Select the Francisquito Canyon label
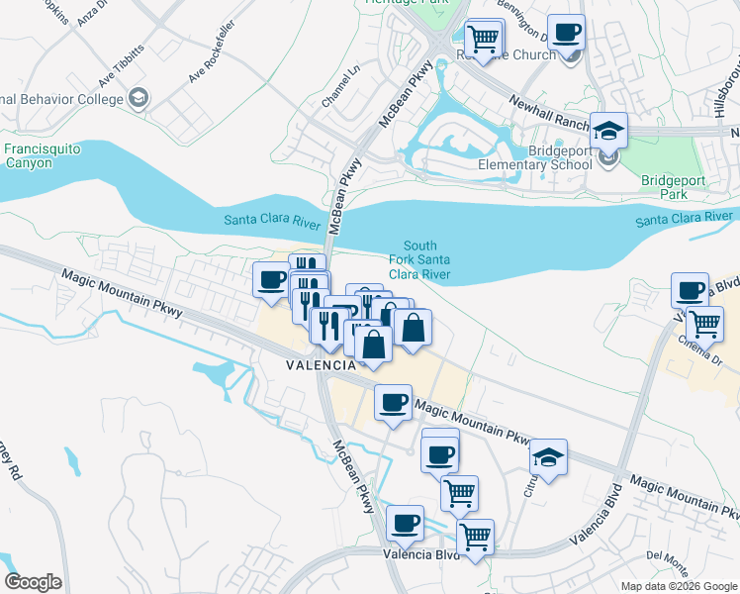tap(41, 155)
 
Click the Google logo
tap(33, 582)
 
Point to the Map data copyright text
tap(679, 586)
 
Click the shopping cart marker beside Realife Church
tap(484, 40)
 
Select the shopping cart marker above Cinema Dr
tap(704, 323)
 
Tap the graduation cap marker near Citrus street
tap(548, 457)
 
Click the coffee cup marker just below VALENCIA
tap(394, 402)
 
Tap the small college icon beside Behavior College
tap(138, 97)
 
